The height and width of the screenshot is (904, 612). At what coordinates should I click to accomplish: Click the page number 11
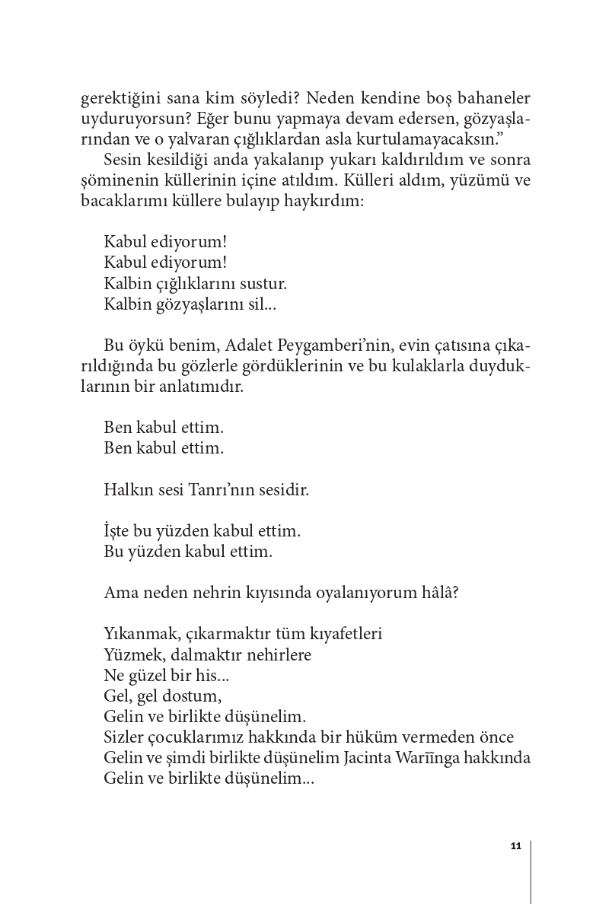pos(515,846)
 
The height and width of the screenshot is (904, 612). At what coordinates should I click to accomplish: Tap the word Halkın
pos(125,490)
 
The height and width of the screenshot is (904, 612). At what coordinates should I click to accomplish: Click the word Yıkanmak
pos(136,634)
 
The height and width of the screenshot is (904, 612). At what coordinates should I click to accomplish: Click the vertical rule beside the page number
pos(531,871)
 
